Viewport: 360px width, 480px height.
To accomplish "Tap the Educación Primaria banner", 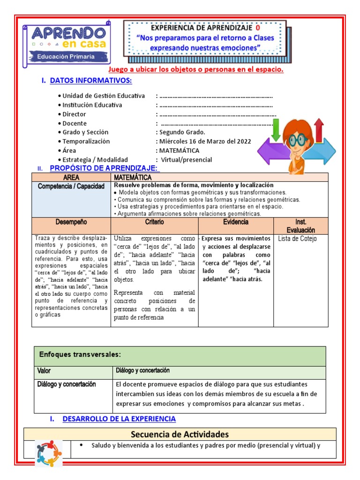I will (66, 57).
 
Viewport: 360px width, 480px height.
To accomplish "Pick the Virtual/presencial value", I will (186, 159).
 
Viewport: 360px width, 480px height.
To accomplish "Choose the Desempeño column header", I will (71, 222).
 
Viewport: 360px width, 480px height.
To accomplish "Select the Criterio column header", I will (154, 222).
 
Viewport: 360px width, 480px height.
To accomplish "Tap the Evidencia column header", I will (236, 222).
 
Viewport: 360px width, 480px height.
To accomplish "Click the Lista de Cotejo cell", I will (297, 239).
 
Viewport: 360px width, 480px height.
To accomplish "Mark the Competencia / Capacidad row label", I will (71, 187).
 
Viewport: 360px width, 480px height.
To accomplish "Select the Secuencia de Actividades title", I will (180, 434).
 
